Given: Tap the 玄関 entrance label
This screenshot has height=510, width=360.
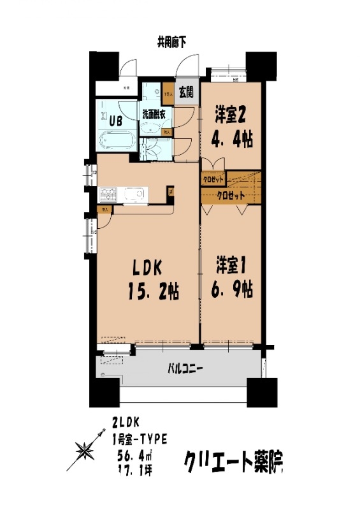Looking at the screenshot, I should click(x=187, y=92).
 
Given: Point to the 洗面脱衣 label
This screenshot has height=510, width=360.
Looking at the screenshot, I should click(x=154, y=115).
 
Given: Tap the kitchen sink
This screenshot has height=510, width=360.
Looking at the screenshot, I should click(x=134, y=194).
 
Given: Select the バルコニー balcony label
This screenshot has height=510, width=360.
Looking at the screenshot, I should click(x=185, y=368).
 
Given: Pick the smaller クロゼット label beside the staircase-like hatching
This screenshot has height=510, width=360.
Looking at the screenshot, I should click(x=213, y=178).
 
